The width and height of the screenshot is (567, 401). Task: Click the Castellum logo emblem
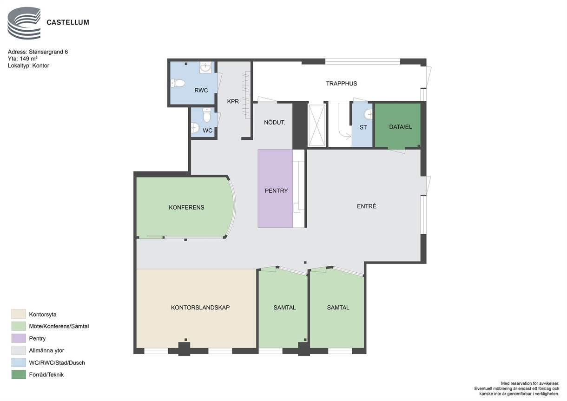24,23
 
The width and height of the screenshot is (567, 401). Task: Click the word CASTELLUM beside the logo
68,22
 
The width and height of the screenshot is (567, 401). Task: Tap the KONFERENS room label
186,207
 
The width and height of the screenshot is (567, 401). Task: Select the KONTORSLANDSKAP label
200,308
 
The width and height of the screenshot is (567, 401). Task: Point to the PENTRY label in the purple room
276,191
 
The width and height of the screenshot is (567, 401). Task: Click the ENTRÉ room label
367,206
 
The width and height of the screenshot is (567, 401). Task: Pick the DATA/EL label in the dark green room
401,127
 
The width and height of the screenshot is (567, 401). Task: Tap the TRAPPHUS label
342,84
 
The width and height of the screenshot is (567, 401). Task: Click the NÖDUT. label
274,123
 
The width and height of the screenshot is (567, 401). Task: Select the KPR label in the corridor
233,101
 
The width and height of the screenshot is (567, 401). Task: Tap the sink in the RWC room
205,67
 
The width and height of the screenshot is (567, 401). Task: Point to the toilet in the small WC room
207,115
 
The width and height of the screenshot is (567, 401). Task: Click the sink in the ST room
368,114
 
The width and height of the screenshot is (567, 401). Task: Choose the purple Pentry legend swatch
19,338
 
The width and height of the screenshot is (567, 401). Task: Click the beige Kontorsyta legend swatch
19,314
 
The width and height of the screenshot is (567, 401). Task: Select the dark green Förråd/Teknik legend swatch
19,375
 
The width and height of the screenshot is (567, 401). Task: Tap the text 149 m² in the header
29,59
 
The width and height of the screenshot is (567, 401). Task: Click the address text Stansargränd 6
48,52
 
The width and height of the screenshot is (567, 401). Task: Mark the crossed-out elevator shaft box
316,125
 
